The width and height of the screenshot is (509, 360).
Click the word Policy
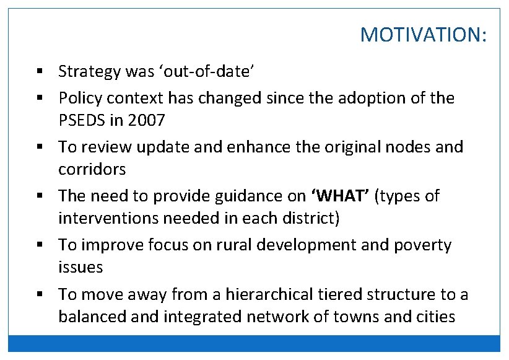pos(79,98)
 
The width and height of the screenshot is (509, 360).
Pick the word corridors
pos(92,169)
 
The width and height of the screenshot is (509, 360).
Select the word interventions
pos(107,218)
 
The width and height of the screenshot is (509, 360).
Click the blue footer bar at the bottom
pos(254,343)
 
